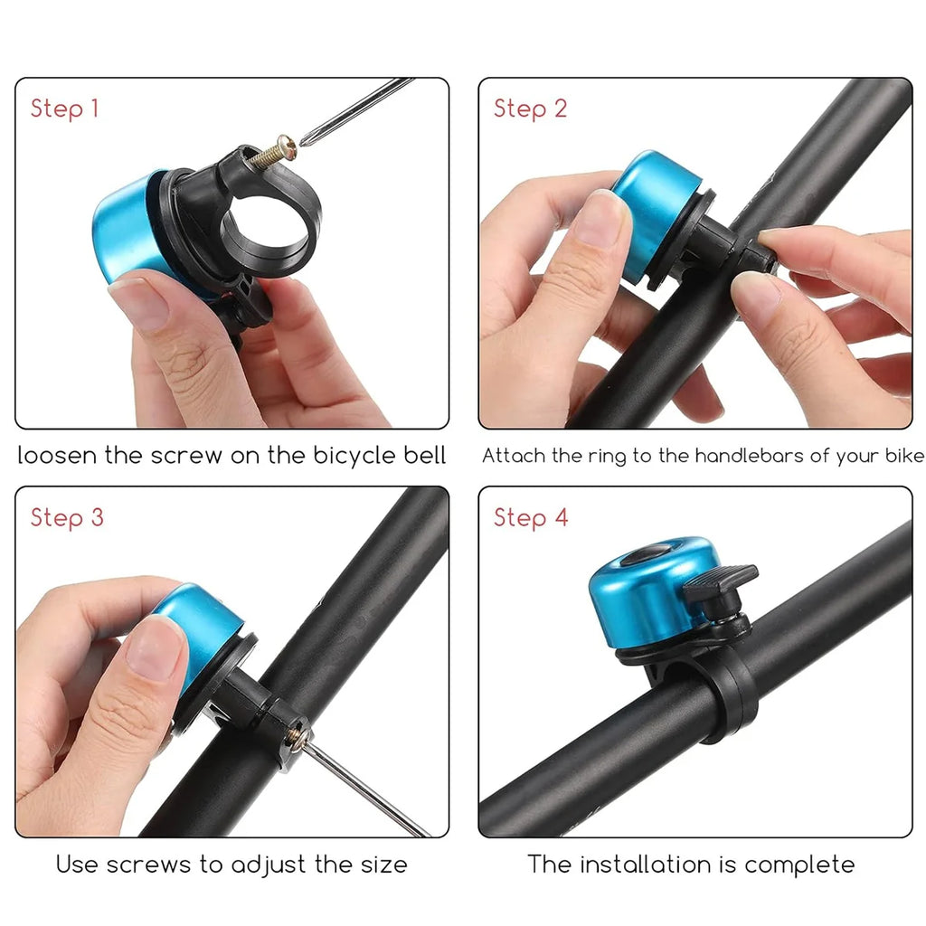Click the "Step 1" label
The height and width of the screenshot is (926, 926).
64,109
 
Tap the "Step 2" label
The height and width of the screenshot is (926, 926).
530,109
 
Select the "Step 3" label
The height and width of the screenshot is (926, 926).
67,518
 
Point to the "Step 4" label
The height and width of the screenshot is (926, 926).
531,518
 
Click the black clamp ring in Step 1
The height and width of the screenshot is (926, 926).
298,231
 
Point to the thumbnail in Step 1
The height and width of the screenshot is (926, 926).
140,304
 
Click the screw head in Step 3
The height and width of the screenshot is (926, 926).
296,734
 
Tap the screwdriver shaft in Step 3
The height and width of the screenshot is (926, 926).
366,786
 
